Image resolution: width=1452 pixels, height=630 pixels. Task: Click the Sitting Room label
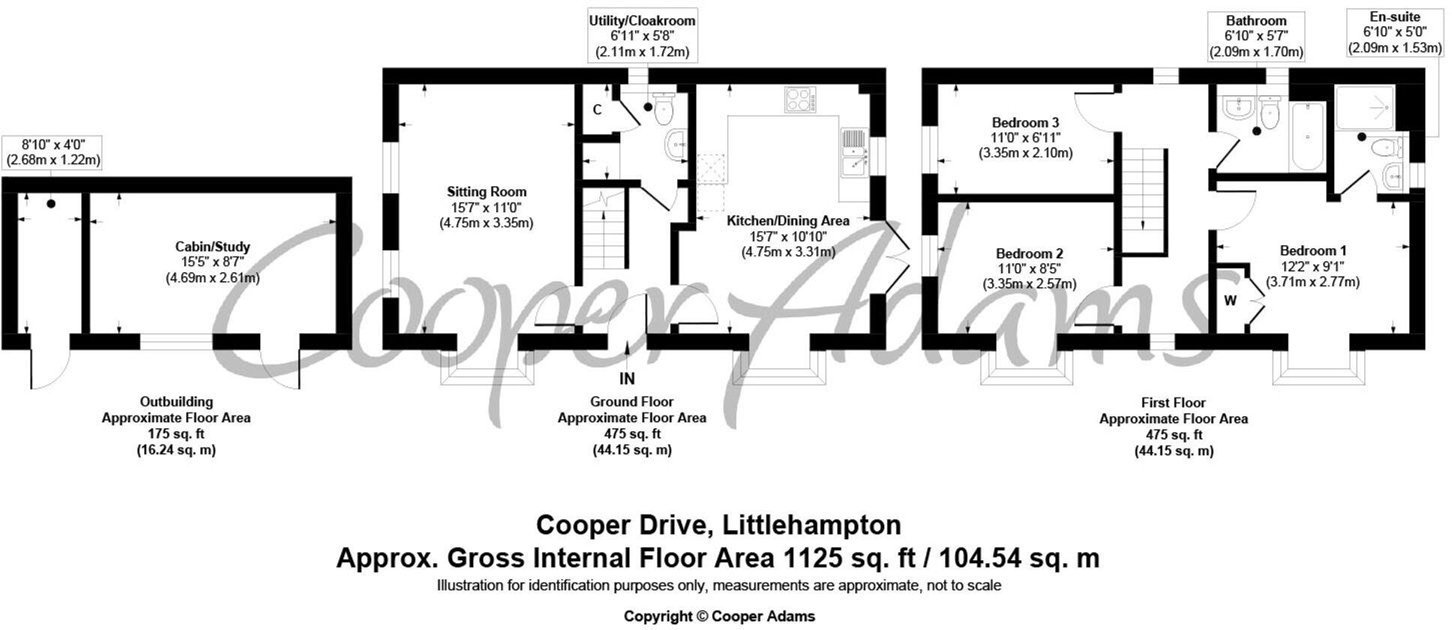tap(486, 192)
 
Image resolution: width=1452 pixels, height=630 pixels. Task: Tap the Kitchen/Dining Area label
tap(787, 220)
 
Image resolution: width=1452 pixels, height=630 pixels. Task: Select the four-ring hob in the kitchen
tap(801, 100)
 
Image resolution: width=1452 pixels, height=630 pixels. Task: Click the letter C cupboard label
tap(597, 110)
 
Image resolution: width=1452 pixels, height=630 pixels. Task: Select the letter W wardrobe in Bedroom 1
tap(1231, 301)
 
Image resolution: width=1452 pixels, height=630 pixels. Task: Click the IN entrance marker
tap(627, 378)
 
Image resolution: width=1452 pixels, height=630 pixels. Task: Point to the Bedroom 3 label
tap(1025, 122)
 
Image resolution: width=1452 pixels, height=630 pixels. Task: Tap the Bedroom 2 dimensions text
tap(1029, 276)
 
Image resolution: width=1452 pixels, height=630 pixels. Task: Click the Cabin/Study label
tap(212, 247)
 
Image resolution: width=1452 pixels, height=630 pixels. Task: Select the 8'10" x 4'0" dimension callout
tap(52, 152)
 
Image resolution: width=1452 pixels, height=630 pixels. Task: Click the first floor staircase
tap(1144, 199)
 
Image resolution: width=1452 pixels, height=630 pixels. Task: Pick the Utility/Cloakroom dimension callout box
tap(642, 37)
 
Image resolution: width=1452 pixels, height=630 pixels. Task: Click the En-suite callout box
tap(1394, 33)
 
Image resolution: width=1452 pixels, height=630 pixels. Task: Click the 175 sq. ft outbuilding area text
tap(176, 433)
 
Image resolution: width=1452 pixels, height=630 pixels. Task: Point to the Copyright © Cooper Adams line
tap(718, 616)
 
